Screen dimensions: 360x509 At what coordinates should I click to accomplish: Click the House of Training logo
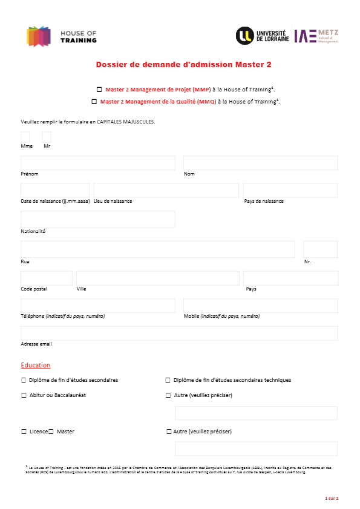coord(61,36)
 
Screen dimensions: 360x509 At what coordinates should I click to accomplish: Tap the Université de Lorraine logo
coord(263,36)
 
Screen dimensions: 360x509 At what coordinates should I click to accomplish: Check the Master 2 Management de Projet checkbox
coord(99,89)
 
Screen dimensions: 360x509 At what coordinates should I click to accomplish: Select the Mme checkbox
coord(25,137)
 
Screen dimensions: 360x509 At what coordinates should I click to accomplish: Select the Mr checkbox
coord(47,137)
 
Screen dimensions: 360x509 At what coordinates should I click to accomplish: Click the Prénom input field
coord(97,163)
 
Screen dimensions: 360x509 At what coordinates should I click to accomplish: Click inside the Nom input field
coord(260,163)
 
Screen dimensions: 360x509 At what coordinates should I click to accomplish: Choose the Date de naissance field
coord(54,190)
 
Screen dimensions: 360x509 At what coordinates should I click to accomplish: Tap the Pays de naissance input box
coord(290,190)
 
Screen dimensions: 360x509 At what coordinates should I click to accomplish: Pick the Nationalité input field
coord(97,219)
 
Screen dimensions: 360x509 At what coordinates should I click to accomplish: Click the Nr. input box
coord(320,249)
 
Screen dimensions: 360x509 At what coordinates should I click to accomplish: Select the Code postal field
coord(47,278)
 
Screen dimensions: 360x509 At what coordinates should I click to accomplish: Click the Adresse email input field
coord(179,333)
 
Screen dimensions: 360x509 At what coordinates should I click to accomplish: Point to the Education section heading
coord(36,365)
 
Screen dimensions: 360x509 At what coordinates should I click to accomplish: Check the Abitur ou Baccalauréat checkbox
coord(24,395)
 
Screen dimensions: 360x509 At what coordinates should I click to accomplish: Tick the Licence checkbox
coord(24,432)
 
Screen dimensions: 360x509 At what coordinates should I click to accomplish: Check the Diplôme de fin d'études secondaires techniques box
coord(168,380)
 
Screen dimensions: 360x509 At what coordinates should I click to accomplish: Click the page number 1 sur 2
coord(332,498)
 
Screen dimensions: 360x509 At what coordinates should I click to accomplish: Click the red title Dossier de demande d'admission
coord(180,64)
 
